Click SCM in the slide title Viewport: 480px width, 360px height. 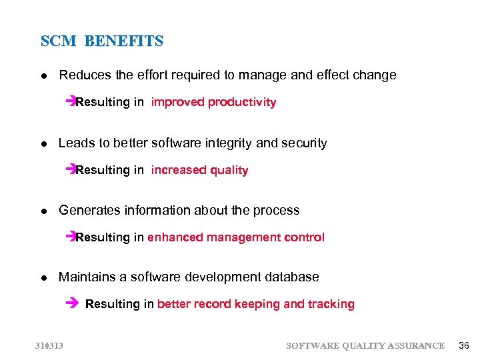tap(59, 41)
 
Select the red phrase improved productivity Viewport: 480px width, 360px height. tap(213, 102)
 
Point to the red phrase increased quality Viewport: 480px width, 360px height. tap(199, 170)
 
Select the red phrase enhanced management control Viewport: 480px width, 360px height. tap(236, 237)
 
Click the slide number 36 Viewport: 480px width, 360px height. tap(464, 345)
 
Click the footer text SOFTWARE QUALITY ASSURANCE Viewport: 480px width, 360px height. tap(365, 345)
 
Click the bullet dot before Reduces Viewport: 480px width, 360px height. tap(43, 76)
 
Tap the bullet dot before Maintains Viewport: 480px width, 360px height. tap(43, 278)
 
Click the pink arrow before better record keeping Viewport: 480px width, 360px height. tap(73, 304)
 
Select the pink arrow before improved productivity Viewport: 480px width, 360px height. tap(71, 102)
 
